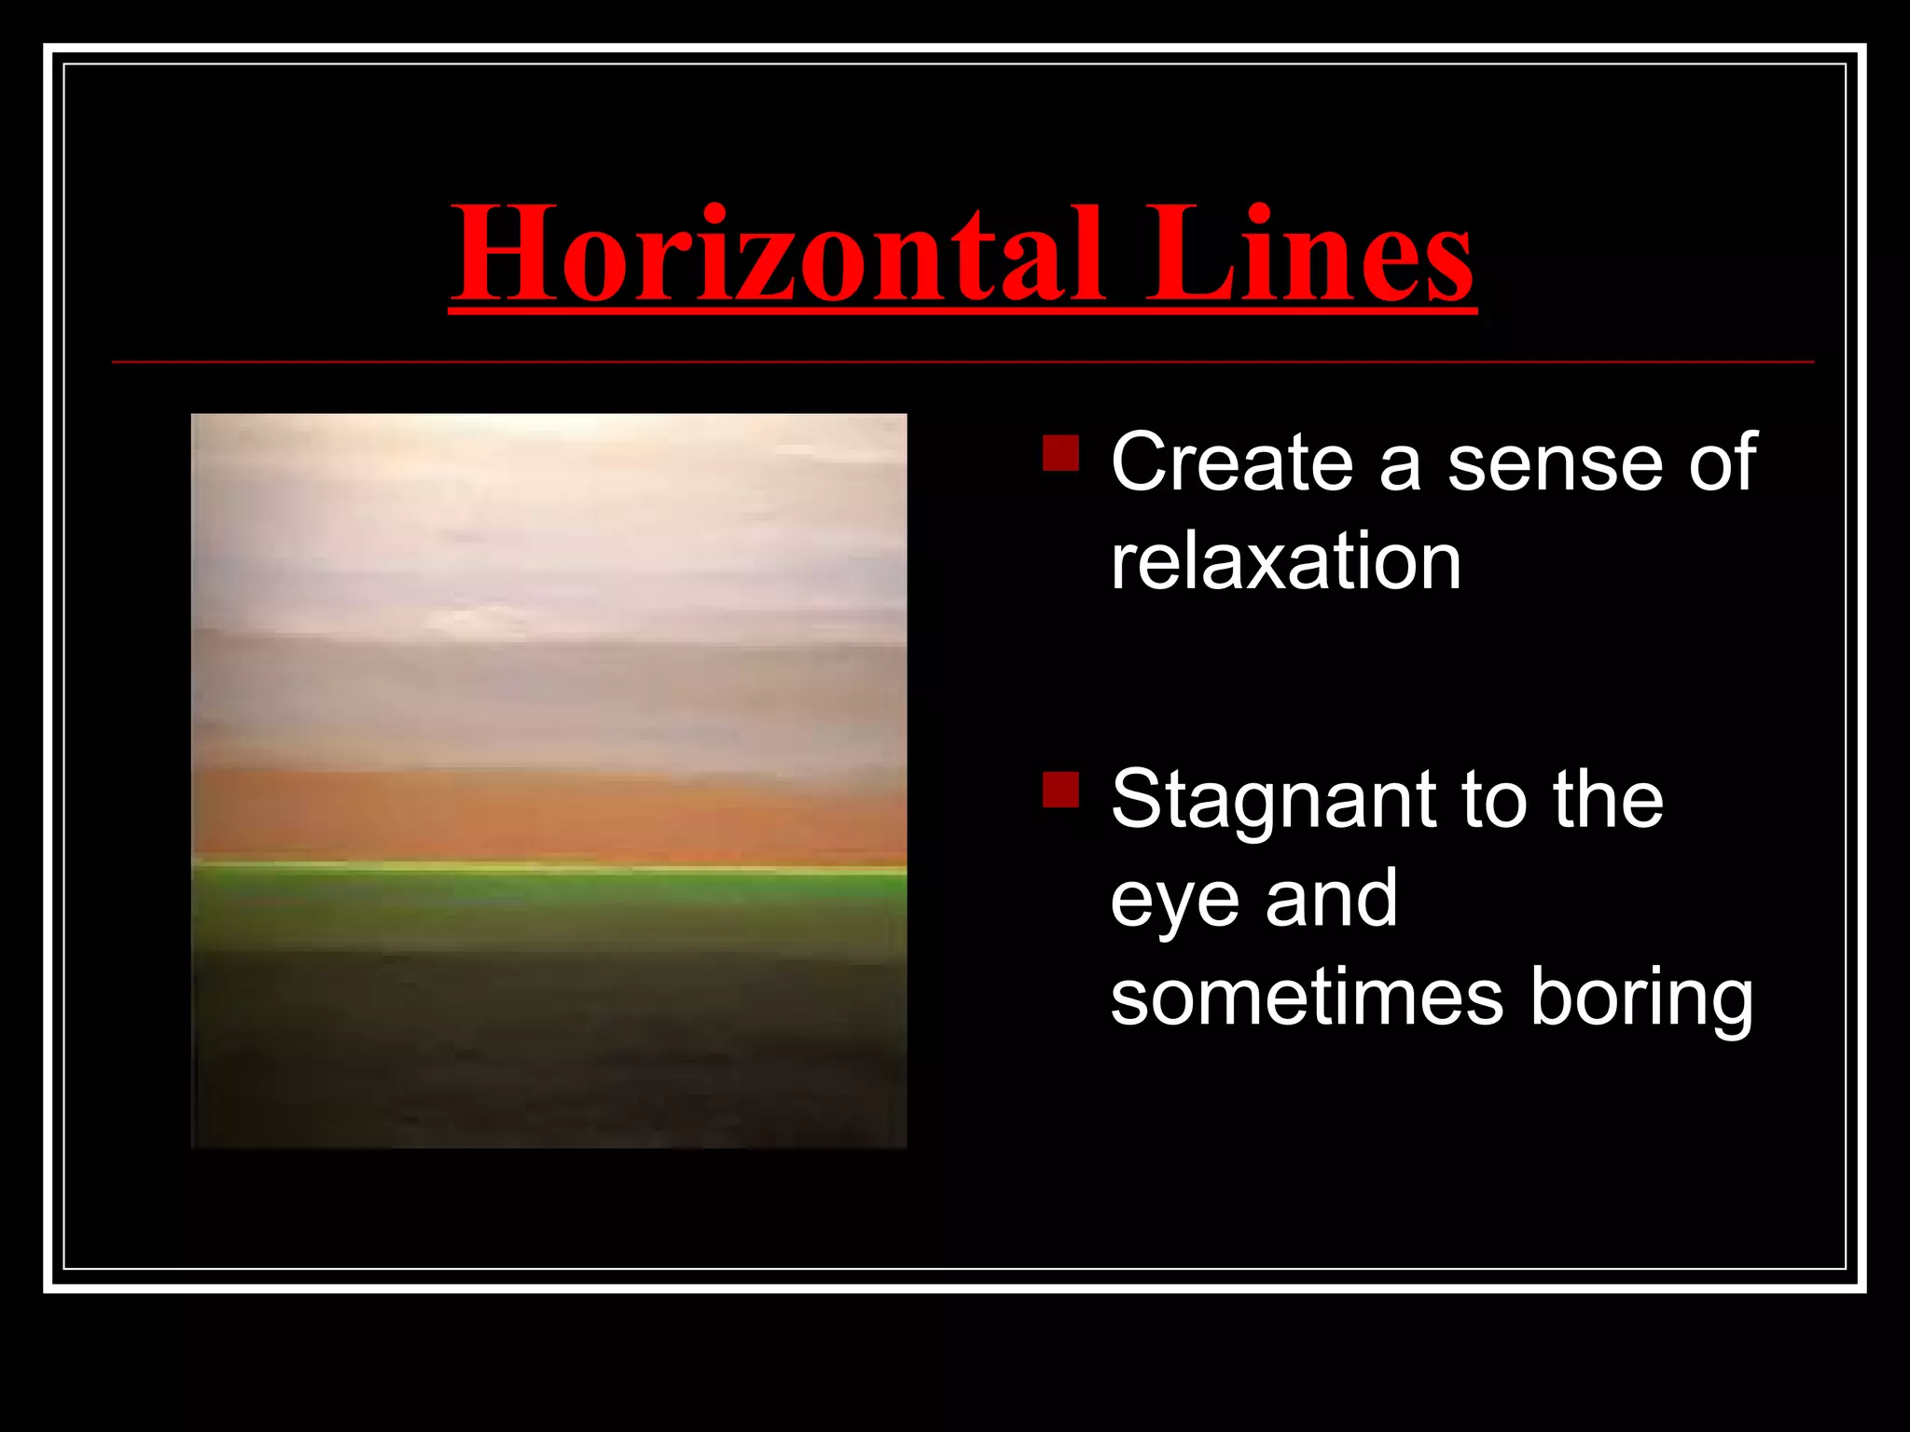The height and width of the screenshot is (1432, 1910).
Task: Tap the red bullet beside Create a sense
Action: (x=1060, y=453)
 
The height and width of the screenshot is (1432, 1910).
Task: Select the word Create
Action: (x=1231, y=462)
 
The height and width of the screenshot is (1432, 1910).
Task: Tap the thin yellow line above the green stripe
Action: (x=548, y=868)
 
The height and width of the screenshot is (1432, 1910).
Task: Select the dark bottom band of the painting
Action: (x=548, y=1053)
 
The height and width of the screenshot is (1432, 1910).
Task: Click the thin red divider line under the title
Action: (x=961, y=362)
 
